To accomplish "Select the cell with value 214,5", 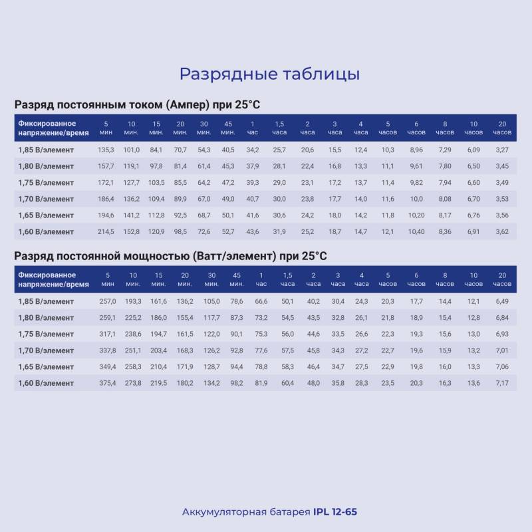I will pyautogui.click(x=106, y=231).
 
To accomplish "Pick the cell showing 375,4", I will pyautogui.click(x=108, y=383).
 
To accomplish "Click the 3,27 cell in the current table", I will pyautogui.click(x=502, y=150).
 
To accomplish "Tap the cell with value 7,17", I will pyautogui.click(x=502, y=383).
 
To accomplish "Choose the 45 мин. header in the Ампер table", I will pyautogui.click(x=228, y=128).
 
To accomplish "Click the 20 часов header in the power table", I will pyautogui.click(x=502, y=279).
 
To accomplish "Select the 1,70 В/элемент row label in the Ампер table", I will pyautogui.click(x=46, y=199).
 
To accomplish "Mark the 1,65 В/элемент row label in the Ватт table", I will pyautogui.click(x=46, y=367).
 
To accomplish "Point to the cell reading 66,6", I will pyautogui.click(x=261, y=301).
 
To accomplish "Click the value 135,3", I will pyautogui.click(x=106, y=150).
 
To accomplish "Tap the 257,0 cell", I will pyautogui.click(x=108, y=301).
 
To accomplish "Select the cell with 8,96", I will pyautogui.click(x=416, y=150).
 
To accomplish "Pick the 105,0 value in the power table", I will pyautogui.click(x=211, y=301).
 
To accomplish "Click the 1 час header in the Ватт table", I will pyautogui.click(x=261, y=279).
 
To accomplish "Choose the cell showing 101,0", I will pyautogui.click(x=131, y=150).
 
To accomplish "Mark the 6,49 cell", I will pyautogui.click(x=502, y=301).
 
